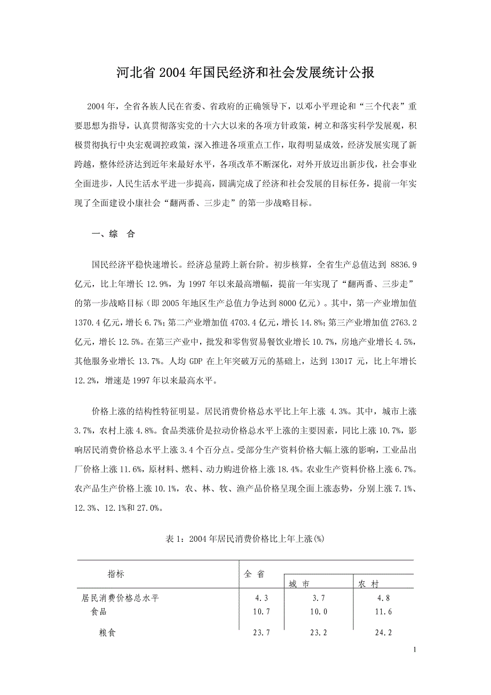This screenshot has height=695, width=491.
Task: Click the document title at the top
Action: point(245,74)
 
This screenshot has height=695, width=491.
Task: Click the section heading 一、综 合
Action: point(114,234)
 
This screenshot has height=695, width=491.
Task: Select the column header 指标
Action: point(116,574)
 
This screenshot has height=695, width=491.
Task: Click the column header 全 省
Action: point(254,574)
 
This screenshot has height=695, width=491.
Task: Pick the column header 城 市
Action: point(299,584)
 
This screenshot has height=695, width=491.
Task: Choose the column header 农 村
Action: point(368,584)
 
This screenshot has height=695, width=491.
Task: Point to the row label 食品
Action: point(99,612)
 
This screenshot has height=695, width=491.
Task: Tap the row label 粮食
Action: point(107,634)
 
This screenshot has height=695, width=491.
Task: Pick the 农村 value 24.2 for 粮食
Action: point(384,634)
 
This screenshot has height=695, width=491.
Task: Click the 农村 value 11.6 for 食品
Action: point(384,612)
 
